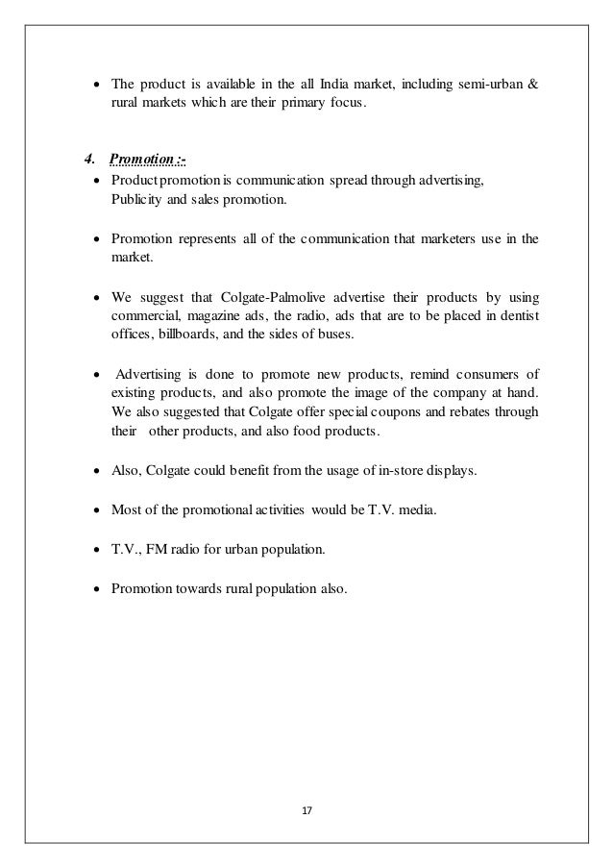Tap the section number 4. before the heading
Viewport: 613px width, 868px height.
[x=88, y=158]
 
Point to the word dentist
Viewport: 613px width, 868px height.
[x=519, y=315]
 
